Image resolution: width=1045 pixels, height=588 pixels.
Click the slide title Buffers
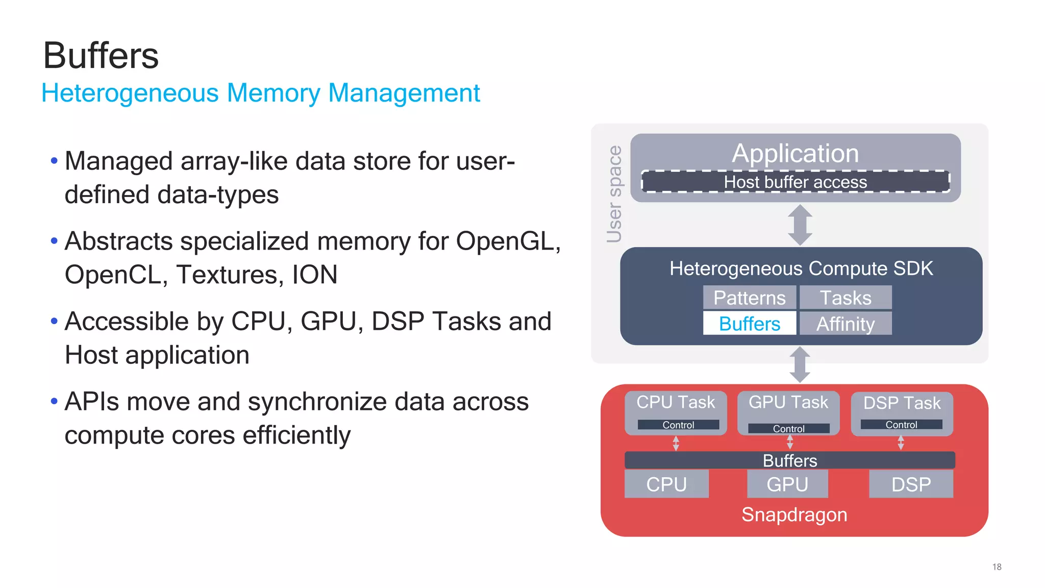pyautogui.click(x=101, y=56)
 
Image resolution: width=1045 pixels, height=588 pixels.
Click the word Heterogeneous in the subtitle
pyautogui.click(x=130, y=93)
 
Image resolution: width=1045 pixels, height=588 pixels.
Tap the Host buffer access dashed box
pyautogui.click(x=795, y=182)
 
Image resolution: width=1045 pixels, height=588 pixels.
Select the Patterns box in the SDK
pyautogui.click(x=749, y=298)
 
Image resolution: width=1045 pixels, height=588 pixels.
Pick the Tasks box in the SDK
pyautogui.click(x=845, y=298)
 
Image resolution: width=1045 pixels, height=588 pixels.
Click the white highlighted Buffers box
pyautogui.click(x=749, y=324)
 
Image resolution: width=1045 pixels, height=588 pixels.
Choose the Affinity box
pyautogui.click(x=845, y=324)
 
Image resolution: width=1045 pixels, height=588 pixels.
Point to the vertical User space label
pyautogui.click(x=614, y=194)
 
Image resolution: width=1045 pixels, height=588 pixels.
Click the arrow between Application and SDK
pyautogui.click(x=800, y=225)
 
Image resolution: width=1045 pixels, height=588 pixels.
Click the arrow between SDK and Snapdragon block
pyautogui.click(x=800, y=364)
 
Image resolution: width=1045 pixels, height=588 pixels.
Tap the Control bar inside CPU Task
pyautogui.click(x=678, y=425)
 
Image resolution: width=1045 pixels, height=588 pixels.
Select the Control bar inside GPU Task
pyautogui.click(x=788, y=429)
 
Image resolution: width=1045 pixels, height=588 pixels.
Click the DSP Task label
pyautogui.click(x=902, y=403)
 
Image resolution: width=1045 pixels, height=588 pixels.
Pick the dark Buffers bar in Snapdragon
pyautogui.click(x=789, y=460)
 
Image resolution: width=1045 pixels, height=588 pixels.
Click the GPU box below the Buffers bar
pyautogui.click(x=787, y=484)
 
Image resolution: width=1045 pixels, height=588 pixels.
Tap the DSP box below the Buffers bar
pyautogui.click(x=911, y=484)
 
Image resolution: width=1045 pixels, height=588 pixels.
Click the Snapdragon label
pyautogui.click(x=794, y=514)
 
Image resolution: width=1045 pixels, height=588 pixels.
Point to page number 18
pyautogui.click(x=997, y=567)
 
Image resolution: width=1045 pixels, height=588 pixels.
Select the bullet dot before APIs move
pyautogui.click(x=54, y=402)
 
